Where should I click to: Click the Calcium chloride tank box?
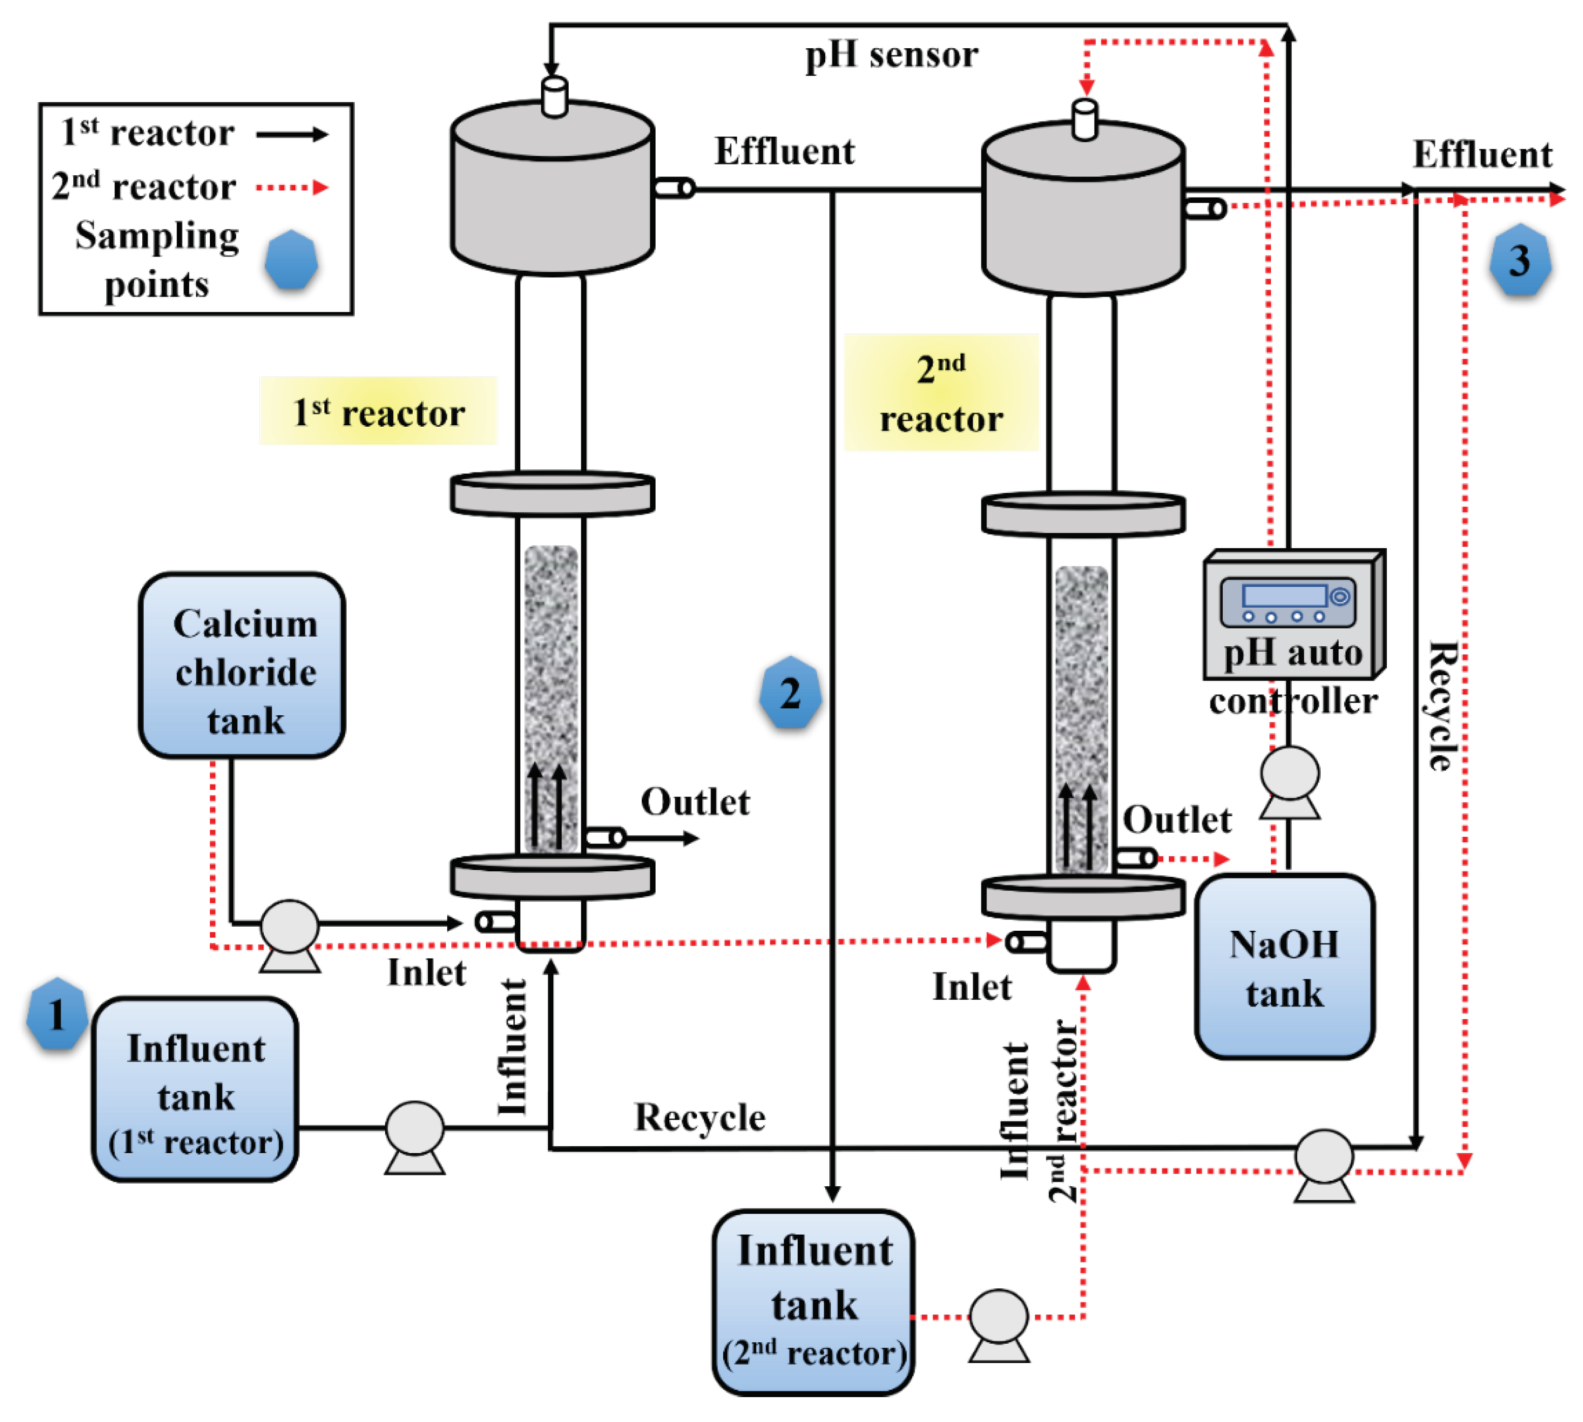[x=242, y=665]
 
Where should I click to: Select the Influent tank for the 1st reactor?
[x=195, y=1088]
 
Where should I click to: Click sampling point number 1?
[x=56, y=1014]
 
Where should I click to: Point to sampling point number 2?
[x=790, y=692]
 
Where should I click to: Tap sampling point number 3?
[x=1519, y=260]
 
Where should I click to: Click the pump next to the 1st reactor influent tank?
[x=414, y=1129]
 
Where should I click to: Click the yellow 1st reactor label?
[x=378, y=411]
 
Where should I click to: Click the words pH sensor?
[x=891, y=55]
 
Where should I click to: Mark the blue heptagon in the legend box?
[x=291, y=260]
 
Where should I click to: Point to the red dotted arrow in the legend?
[x=291, y=187]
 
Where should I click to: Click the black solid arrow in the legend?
[x=291, y=135]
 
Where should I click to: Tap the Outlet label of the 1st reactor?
[x=695, y=802]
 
